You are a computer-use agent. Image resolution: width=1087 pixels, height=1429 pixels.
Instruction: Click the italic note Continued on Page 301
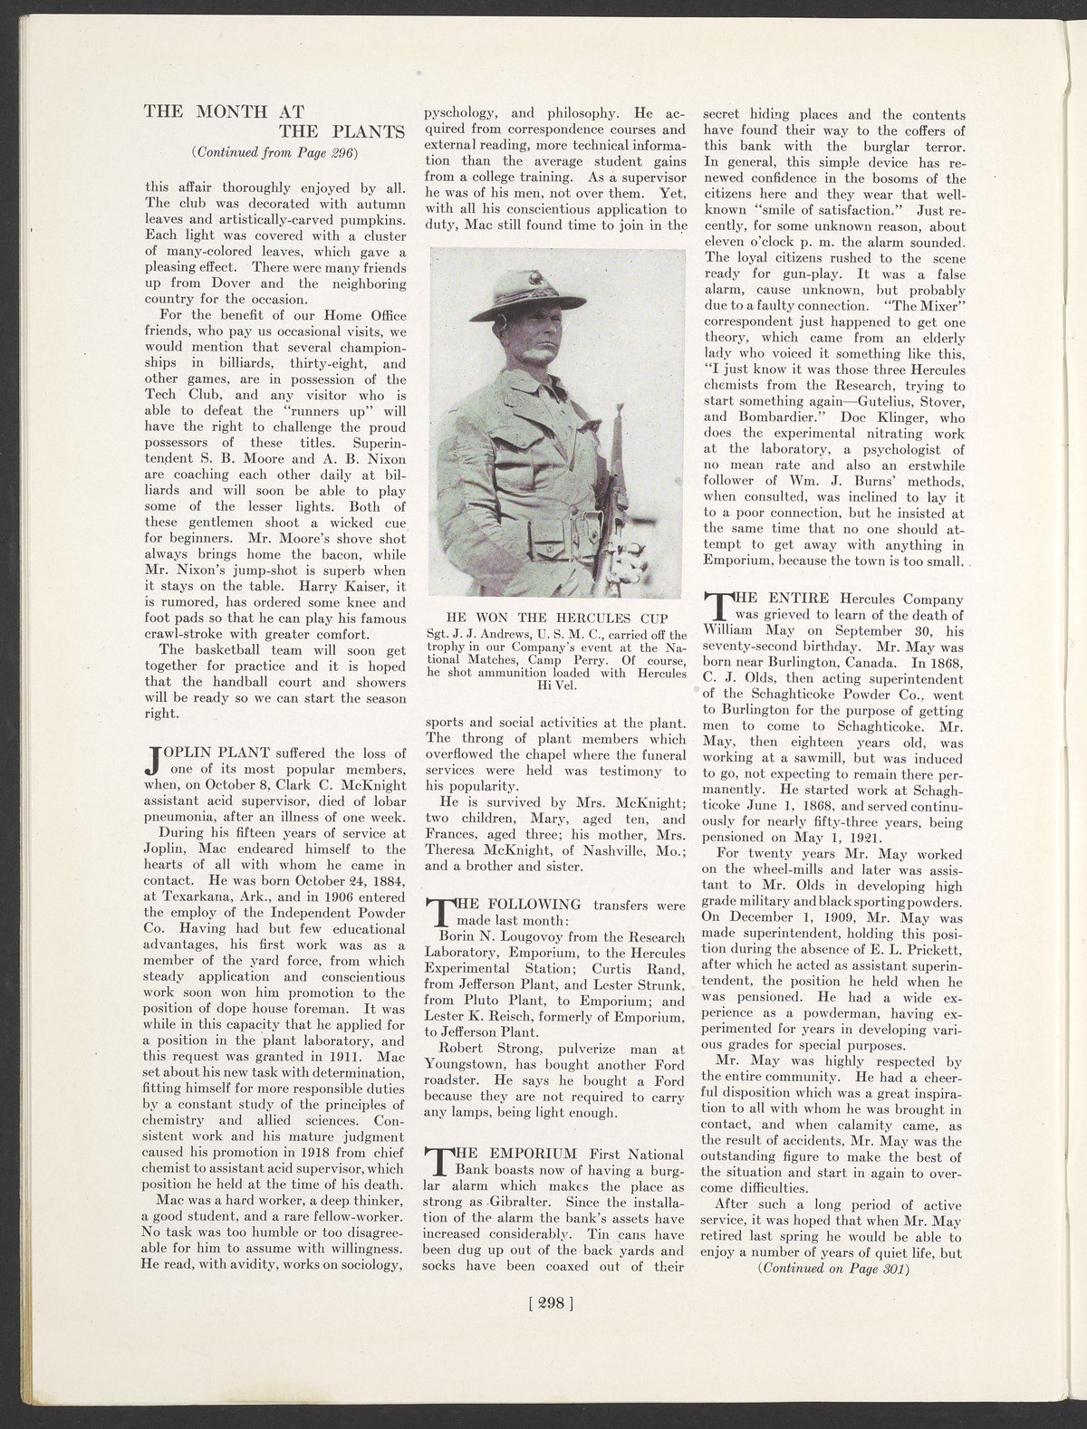[x=832, y=1269]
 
